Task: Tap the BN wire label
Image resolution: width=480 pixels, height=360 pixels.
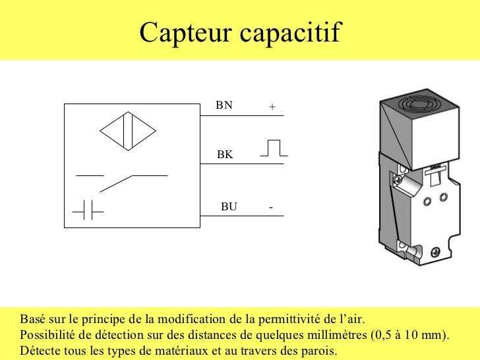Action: (224, 105)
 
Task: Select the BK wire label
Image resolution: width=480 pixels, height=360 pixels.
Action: (225, 155)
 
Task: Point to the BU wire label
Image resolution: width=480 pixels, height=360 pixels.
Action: (228, 206)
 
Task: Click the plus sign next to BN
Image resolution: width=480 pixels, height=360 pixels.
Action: (272, 106)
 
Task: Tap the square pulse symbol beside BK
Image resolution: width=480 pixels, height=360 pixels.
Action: (273, 148)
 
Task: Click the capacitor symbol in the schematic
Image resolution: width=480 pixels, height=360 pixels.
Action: (88, 210)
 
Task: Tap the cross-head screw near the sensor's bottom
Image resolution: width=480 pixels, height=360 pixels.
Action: (436, 251)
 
